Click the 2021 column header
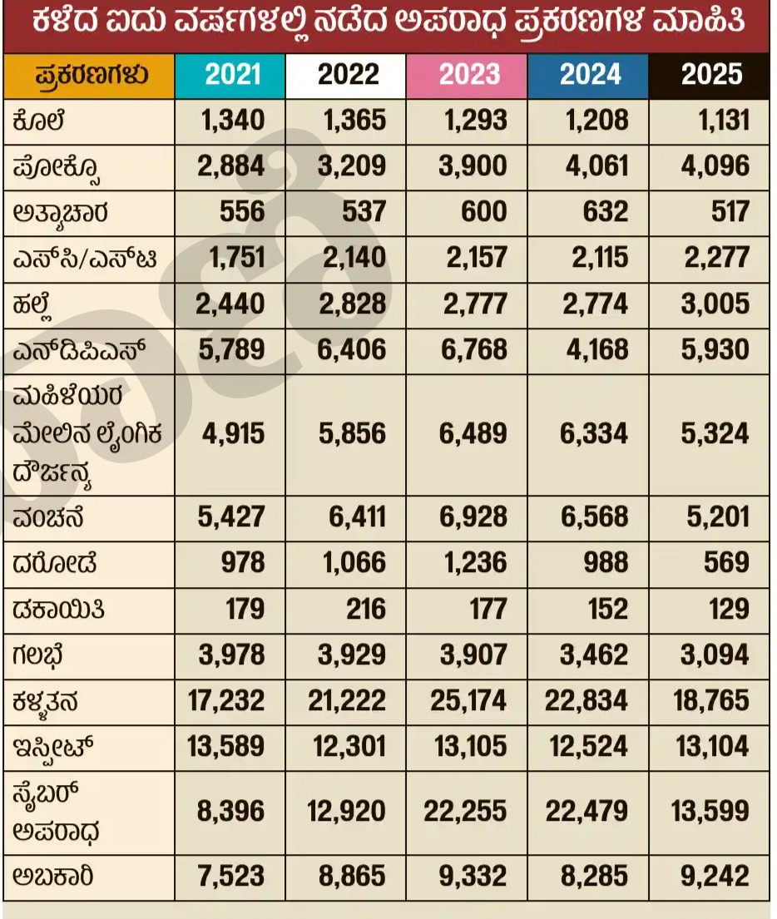tap(233, 76)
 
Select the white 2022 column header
tap(348, 76)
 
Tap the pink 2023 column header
tap(468, 76)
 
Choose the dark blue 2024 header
tap(590, 76)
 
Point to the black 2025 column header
tap(710, 76)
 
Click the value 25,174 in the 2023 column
tap(468, 700)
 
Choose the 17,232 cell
tap(225, 700)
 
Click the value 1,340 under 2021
tap(233, 121)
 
